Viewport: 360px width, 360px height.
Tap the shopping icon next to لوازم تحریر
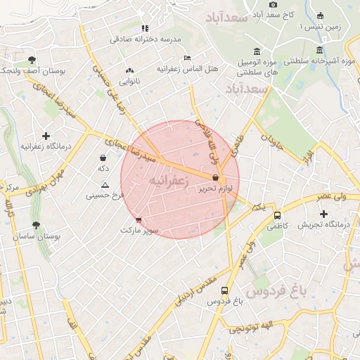point(215,178)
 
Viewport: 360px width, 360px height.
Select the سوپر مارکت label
point(140,230)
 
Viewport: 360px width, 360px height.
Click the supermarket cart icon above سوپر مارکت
point(138,219)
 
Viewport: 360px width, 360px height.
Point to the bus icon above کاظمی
point(277,215)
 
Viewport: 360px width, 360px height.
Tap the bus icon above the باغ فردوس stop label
point(224,290)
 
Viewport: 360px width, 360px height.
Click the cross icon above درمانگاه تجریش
point(323,214)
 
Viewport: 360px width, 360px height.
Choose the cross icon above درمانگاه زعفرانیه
point(46,135)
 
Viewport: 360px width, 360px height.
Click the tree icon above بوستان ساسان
point(36,226)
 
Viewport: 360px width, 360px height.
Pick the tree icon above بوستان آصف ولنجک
point(32,60)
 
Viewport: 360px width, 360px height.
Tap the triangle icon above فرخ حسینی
point(105,185)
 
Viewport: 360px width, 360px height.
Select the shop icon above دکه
point(103,158)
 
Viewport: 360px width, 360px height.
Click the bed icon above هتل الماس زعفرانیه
point(186,57)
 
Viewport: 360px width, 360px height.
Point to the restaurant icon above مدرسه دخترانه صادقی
point(146,28)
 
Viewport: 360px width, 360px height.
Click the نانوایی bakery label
point(129,82)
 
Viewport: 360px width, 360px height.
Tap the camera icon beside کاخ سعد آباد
point(273,4)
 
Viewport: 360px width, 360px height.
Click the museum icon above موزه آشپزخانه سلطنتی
point(321,49)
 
